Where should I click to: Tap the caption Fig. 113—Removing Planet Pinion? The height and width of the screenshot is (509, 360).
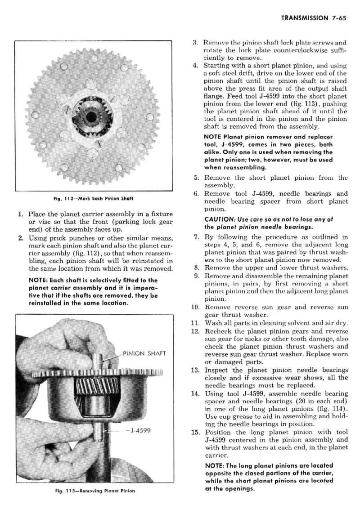click(94, 491)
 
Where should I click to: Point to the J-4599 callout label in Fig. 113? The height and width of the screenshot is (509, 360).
click(139, 430)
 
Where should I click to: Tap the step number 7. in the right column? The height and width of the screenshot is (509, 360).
click(197, 237)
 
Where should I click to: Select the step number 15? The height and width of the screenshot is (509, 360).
click(195, 433)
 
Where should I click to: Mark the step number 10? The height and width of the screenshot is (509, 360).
click(195, 308)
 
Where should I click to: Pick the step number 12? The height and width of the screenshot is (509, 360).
click(195, 331)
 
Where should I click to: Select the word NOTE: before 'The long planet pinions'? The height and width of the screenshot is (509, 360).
click(215, 466)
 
